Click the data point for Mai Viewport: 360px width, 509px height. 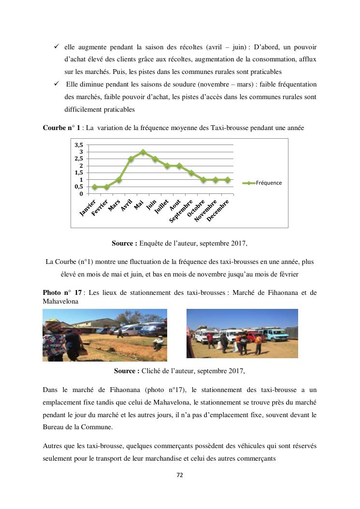(x=143, y=152)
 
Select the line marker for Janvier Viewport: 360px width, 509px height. (x=95, y=187)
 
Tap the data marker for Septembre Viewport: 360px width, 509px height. (x=191, y=173)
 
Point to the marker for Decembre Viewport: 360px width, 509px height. (x=228, y=179)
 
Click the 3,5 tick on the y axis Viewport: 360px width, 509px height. (x=78, y=145)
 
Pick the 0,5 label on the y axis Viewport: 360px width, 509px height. (x=78, y=187)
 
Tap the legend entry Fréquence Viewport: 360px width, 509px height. (x=269, y=183)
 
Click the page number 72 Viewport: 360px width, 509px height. (x=180, y=475)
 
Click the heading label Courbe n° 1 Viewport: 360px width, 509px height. (x=61, y=128)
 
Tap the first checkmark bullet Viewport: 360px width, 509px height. (x=56, y=46)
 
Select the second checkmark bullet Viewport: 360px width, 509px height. (x=56, y=84)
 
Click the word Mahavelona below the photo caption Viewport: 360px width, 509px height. (x=60, y=301)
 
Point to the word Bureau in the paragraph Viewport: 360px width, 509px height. (x=53, y=427)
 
